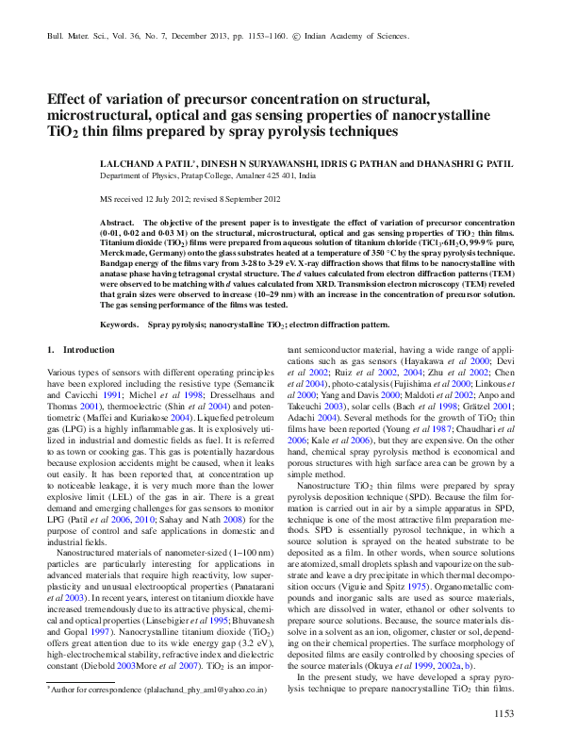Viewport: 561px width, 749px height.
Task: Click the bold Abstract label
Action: click(117, 219)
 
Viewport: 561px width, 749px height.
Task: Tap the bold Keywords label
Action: click(120, 324)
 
